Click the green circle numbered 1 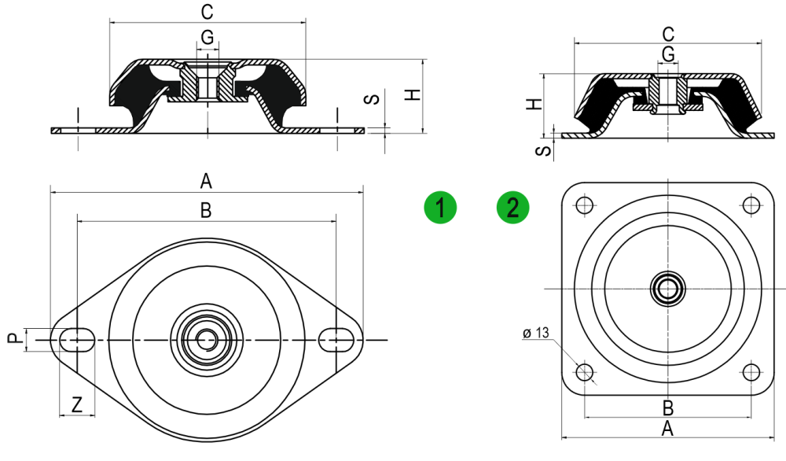(440, 207)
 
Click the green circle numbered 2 (512, 207)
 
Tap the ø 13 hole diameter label (536, 333)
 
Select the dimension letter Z (77, 404)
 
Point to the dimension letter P (15, 338)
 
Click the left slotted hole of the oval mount (77, 340)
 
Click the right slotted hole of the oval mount (336, 340)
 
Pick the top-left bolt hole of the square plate (585, 205)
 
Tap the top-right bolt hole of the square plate (751, 205)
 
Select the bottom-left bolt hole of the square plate (585, 372)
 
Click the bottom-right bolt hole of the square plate (751, 372)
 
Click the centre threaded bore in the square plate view (667, 289)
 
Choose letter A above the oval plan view (206, 181)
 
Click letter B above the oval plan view (206, 211)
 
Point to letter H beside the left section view (413, 94)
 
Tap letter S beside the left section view (372, 99)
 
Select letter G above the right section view (668, 53)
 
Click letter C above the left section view (207, 12)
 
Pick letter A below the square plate (667, 429)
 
